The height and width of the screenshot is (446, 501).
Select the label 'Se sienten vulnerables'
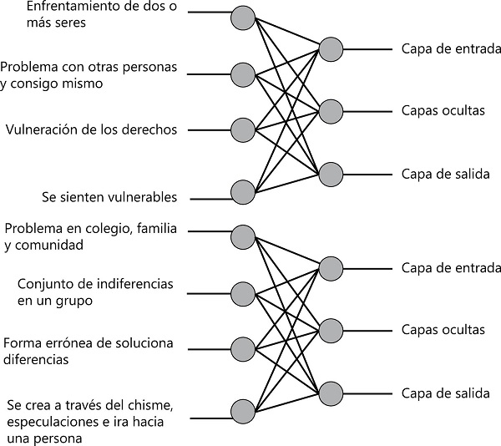[109, 198]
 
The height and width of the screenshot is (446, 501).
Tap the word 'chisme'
[152, 406]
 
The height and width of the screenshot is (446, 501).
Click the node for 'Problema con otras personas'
[242, 73]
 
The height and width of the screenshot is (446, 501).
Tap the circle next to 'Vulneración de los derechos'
[242, 130]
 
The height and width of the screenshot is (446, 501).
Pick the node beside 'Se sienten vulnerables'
[242, 192]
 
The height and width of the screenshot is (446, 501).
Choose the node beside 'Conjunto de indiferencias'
[242, 293]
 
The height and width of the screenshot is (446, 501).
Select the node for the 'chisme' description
[242, 411]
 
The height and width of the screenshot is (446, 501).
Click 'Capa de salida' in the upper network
[445, 175]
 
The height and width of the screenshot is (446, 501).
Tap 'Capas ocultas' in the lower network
[443, 330]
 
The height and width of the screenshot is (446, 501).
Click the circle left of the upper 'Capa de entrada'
[330, 49]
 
